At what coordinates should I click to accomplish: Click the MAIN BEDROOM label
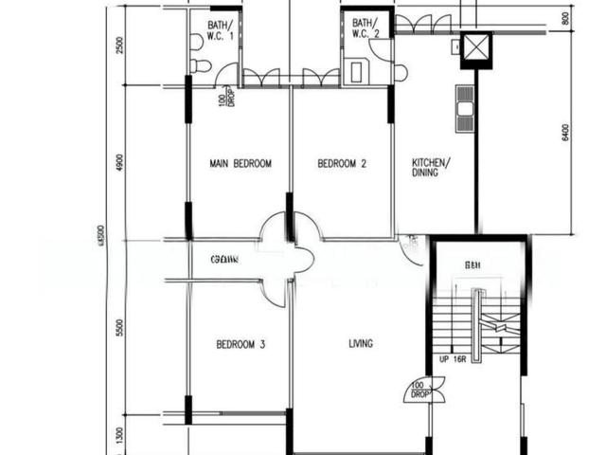coord(240,164)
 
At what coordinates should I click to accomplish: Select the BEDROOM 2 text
coord(341,164)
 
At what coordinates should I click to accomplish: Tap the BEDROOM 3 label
coord(240,344)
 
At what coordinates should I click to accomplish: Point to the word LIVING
coord(360,343)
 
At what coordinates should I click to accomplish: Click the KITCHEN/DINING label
coord(431,168)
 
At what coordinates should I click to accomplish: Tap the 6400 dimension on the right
coord(565,134)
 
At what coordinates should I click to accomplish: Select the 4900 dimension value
coord(119,162)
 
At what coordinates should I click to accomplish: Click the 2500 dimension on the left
coord(119,45)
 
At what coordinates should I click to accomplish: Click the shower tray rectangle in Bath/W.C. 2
coord(359,71)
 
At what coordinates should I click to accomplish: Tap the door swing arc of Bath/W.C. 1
coord(227,74)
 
